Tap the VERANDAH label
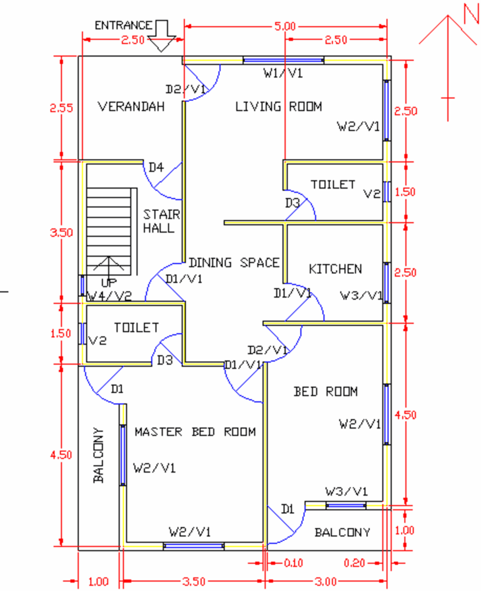click(131, 107)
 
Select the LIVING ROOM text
click(279, 107)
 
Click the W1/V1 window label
click(283, 73)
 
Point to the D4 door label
click(156, 167)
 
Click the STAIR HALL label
click(161, 221)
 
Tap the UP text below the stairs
click(109, 283)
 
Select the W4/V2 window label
click(109, 296)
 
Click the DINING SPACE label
click(234, 263)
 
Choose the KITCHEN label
click(335, 269)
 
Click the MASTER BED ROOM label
click(195, 432)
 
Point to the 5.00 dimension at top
click(285, 27)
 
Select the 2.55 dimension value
click(61, 108)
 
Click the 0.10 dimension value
click(293, 563)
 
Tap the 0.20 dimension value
click(354, 563)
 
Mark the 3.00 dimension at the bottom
click(326, 581)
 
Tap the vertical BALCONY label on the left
click(99, 455)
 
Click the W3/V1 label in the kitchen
click(361, 295)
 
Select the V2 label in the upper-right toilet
click(372, 194)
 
